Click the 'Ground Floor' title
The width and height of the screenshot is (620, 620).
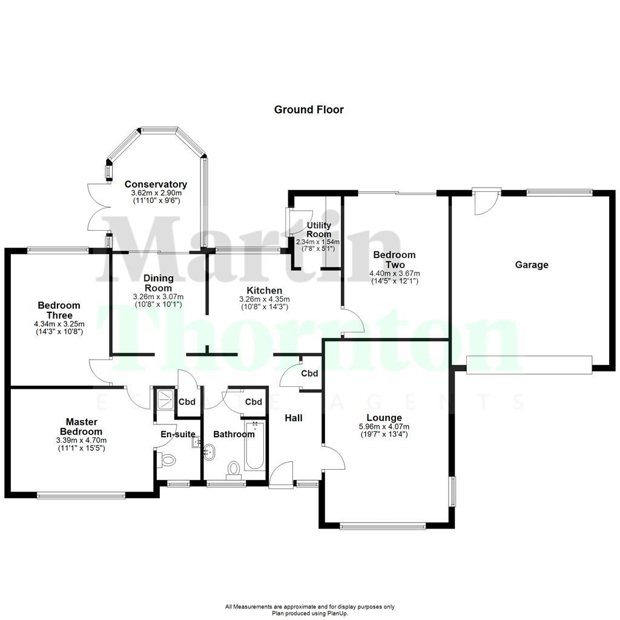[x=309, y=110]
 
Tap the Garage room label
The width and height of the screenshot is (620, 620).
[x=532, y=265]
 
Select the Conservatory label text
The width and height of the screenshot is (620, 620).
[x=156, y=184]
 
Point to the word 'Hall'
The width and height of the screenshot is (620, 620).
[x=293, y=418]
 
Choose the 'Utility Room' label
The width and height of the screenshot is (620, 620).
[x=318, y=230]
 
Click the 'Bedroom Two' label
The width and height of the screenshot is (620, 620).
[x=394, y=260]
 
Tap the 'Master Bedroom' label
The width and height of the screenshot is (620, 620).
[x=81, y=426]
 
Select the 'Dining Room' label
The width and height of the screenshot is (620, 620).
[x=158, y=283]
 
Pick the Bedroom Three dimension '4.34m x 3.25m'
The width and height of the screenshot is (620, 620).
[x=59, y=324]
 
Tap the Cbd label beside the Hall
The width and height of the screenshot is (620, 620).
[x=309, y=374]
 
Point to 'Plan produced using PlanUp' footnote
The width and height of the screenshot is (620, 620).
[x=309, y=613]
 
